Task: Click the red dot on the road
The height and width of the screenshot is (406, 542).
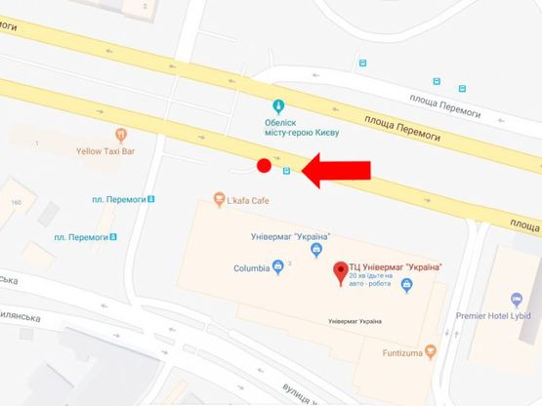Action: point(263,166)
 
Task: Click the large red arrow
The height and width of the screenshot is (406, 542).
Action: point(337,171)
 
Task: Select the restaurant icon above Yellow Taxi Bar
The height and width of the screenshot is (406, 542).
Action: point(120,134)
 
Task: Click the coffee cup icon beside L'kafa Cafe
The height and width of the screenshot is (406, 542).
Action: point(220,200)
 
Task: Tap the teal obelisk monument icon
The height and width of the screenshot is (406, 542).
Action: point(279,105)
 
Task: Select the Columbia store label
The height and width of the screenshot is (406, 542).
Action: point(251,267)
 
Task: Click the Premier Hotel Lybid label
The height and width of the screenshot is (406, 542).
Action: point(502,316)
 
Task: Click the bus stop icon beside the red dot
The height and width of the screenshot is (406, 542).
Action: point(286,172)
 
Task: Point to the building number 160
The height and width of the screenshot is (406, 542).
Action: point(16,202)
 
